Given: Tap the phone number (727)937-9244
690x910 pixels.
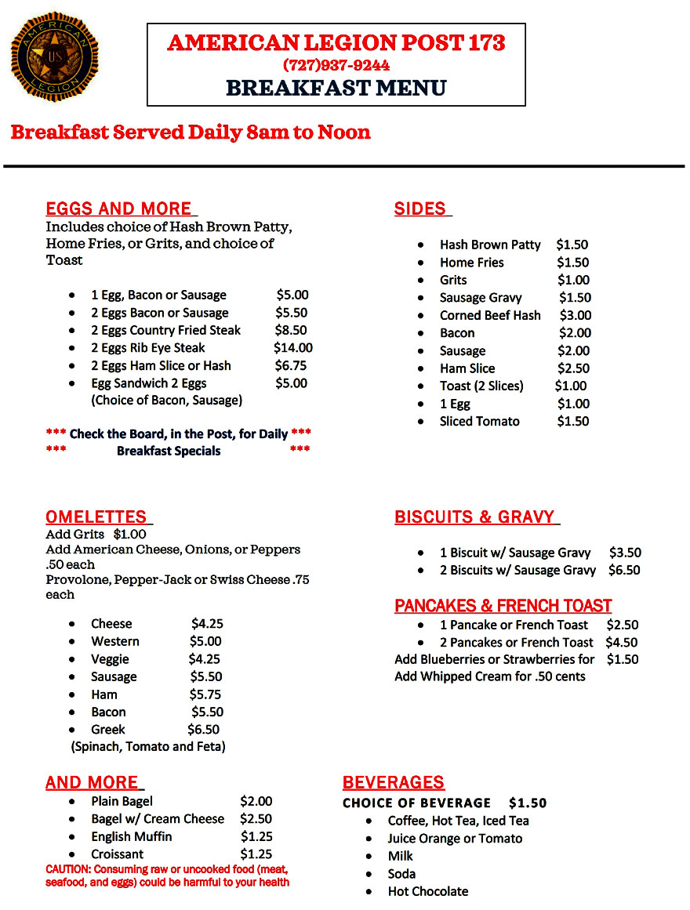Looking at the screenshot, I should pos(336,65).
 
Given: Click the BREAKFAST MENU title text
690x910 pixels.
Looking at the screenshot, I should pos(336,88).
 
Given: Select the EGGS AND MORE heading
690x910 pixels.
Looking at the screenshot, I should pos(119,208).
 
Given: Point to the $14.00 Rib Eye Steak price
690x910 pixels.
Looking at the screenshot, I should pos(293,347).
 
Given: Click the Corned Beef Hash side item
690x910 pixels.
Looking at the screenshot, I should pos(490,315).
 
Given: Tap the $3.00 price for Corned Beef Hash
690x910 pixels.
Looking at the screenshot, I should pos(576,315).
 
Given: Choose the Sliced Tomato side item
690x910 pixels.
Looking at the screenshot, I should pos(479,421).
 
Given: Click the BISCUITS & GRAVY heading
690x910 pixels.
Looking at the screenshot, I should pos(475,517).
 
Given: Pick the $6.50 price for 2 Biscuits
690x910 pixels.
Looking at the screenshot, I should pos(624,570).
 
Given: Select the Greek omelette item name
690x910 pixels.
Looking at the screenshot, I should pos(108,729).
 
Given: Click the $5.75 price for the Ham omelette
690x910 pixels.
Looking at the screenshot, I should pos(205,694).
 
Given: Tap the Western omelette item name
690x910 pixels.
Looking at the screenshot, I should pos(115,641).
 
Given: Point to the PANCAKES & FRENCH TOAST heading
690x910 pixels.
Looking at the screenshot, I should pos(503,606).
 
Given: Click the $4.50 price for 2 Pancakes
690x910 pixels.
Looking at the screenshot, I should pos(622,642).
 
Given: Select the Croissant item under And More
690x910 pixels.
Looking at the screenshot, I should pos(118,854).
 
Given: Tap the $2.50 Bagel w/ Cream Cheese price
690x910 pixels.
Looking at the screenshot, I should pos(256,818).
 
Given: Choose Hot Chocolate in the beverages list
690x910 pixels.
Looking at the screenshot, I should pos(428,891).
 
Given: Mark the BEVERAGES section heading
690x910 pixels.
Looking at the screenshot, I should pos(394,782).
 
